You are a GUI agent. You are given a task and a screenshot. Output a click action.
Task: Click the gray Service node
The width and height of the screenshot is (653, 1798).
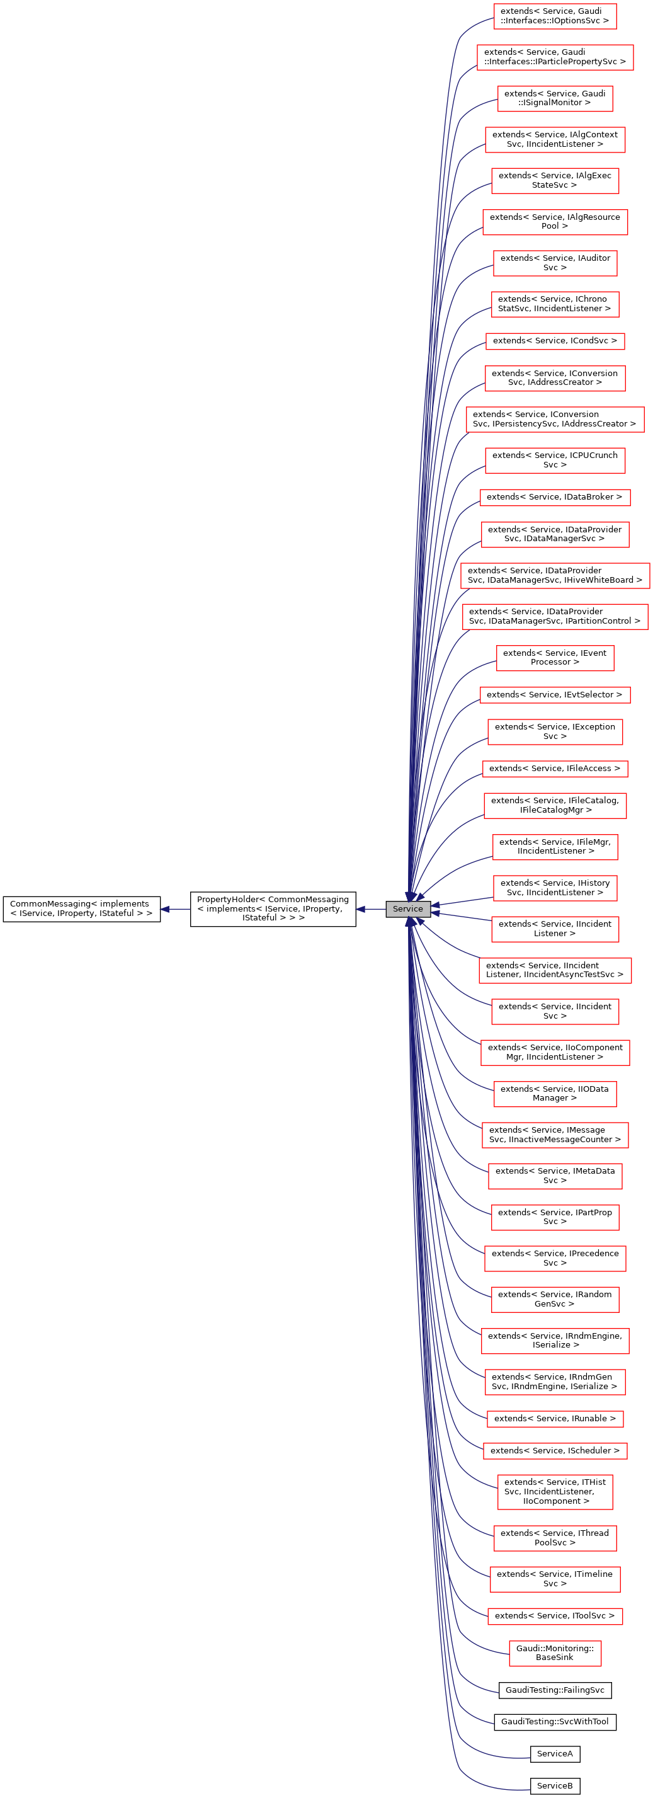[x=407, y=909]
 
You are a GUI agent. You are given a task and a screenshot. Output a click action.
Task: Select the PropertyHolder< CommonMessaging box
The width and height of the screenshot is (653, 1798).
[x=273, y=909]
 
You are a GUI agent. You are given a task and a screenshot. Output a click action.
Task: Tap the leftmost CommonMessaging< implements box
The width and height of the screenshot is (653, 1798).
[x=81, y=909]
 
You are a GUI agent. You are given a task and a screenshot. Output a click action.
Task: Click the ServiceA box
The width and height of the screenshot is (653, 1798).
[x=555, y=1754]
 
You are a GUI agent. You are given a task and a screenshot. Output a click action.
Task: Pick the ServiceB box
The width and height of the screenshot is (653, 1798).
[x=555, y=1786]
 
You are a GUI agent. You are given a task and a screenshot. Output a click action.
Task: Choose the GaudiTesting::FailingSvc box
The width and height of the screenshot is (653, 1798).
[x=555, y=1690]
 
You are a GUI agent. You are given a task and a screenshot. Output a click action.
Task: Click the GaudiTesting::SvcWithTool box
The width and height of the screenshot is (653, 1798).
[x=555, y=1722]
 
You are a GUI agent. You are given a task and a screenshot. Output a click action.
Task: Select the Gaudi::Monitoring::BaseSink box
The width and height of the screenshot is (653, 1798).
[x=555, y=1653]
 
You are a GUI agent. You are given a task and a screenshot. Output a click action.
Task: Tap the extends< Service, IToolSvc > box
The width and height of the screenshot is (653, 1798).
[x=555, y=1616]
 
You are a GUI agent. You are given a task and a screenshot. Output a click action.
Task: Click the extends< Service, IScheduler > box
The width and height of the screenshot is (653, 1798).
[x=555, y=1451]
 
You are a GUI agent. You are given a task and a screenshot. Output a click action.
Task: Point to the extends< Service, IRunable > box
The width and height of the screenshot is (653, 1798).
[x=555, y=1419]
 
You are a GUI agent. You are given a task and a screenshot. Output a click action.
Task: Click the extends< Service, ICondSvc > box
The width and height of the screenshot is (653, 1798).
[x=555, y=341]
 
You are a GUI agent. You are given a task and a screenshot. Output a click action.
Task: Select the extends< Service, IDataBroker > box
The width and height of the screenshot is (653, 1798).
[x=555, y=497]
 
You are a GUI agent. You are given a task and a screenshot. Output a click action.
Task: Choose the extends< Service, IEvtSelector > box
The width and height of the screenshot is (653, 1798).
[x=555, y=694]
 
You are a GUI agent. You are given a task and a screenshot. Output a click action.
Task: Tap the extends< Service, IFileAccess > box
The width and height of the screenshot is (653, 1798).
[x=555, y=769]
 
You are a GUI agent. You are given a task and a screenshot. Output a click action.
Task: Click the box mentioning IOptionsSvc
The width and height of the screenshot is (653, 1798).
[x=555, y=16]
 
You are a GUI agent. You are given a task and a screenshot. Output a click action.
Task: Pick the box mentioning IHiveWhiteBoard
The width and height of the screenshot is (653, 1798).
[x=555, y=575]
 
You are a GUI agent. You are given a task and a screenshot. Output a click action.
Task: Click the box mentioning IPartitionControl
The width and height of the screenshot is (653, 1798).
[x=555, y=616]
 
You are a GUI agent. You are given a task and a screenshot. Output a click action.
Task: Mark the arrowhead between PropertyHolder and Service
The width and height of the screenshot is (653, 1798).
[x=361, y=909]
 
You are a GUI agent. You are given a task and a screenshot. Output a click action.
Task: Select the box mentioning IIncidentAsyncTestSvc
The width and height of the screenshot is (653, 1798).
[x=555, y=970]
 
